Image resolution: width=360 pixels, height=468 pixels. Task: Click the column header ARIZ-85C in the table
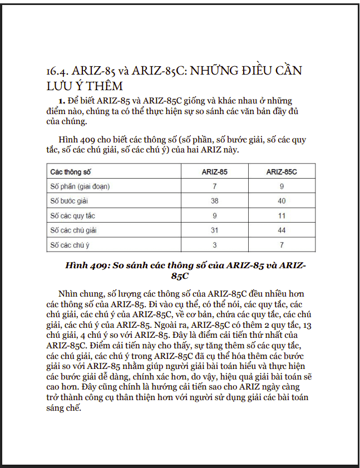(x=282, y=172)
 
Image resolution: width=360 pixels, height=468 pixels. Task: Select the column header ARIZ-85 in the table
(x=214, y=172)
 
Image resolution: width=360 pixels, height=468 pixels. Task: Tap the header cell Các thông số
(x=71, y=172)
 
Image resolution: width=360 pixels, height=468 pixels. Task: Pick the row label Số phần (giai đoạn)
(x=80, y=186)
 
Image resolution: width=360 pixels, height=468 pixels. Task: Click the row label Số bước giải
(x=70, y=201)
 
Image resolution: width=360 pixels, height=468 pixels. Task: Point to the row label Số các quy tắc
(x=72, y=215)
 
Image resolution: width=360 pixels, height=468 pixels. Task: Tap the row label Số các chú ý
(x=70, y=244)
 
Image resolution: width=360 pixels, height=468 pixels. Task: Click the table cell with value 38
(x=214, y=201)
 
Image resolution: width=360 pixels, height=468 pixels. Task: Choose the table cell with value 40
(x=282, y=201)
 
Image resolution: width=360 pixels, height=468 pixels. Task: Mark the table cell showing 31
(x=214, y=230)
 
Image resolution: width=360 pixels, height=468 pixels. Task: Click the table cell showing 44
(x=282, y=230)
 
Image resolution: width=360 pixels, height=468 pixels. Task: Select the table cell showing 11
(x=282, y=215)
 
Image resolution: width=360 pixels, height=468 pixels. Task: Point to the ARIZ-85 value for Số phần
(x=214, y=186)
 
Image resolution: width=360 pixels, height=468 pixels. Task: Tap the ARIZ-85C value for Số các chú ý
(x=282, y=244)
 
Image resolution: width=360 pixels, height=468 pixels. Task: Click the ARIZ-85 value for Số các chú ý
(x=214, y=244)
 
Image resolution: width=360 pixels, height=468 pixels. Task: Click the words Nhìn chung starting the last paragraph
(x=78, y=293)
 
